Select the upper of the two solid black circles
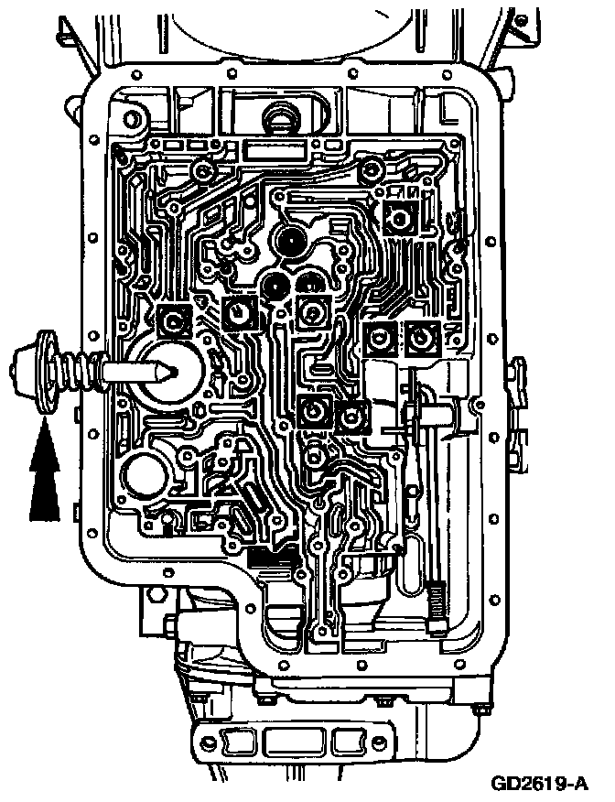click(x=294, y=244)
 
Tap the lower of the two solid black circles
click(x=274, y=287)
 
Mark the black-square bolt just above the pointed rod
click(x=172, y=320)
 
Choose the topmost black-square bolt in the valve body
click(x=400, y=217)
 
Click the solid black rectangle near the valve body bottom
click(x=269, y=557)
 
